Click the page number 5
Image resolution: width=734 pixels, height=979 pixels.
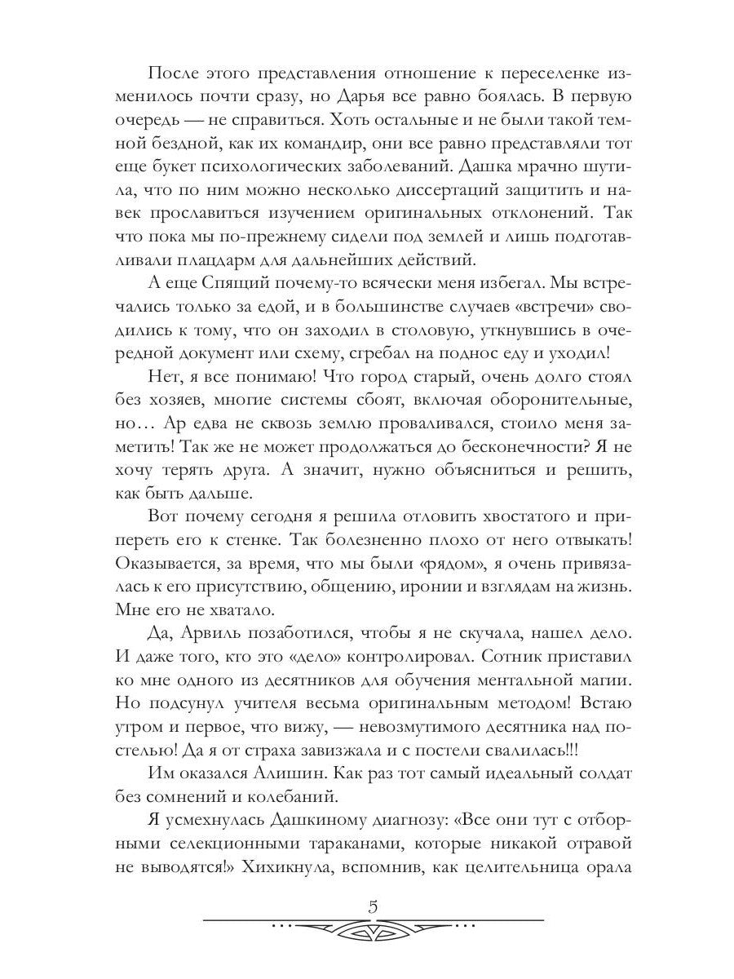tap(373, 906)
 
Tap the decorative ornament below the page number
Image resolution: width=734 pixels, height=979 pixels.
tap(373, 929)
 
